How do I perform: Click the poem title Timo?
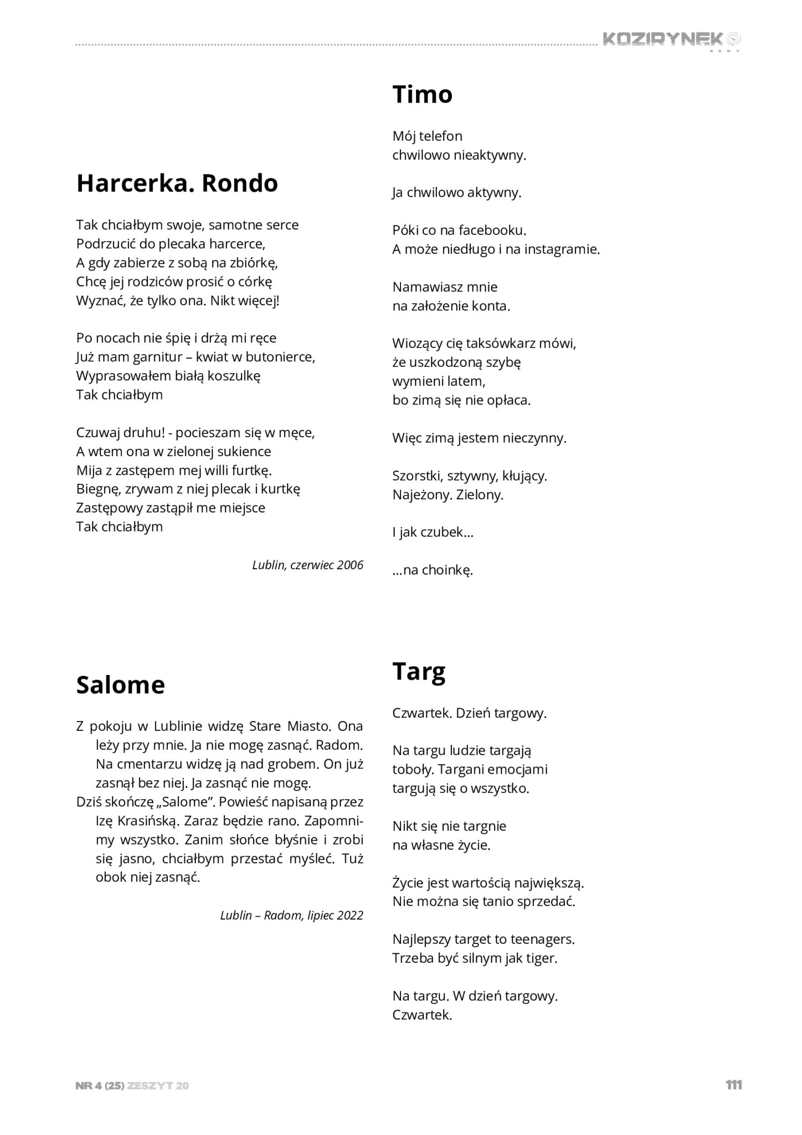[x=422, y=94]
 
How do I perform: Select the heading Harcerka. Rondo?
[x=177, y=183]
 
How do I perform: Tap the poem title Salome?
[x=120, y=685]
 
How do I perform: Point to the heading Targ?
[x=419, y=672]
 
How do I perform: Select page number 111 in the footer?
[x=733, y=1085]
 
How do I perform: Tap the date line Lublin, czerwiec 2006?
[x=307, y=565]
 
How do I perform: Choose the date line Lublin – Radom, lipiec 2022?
[x=291, y=915]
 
